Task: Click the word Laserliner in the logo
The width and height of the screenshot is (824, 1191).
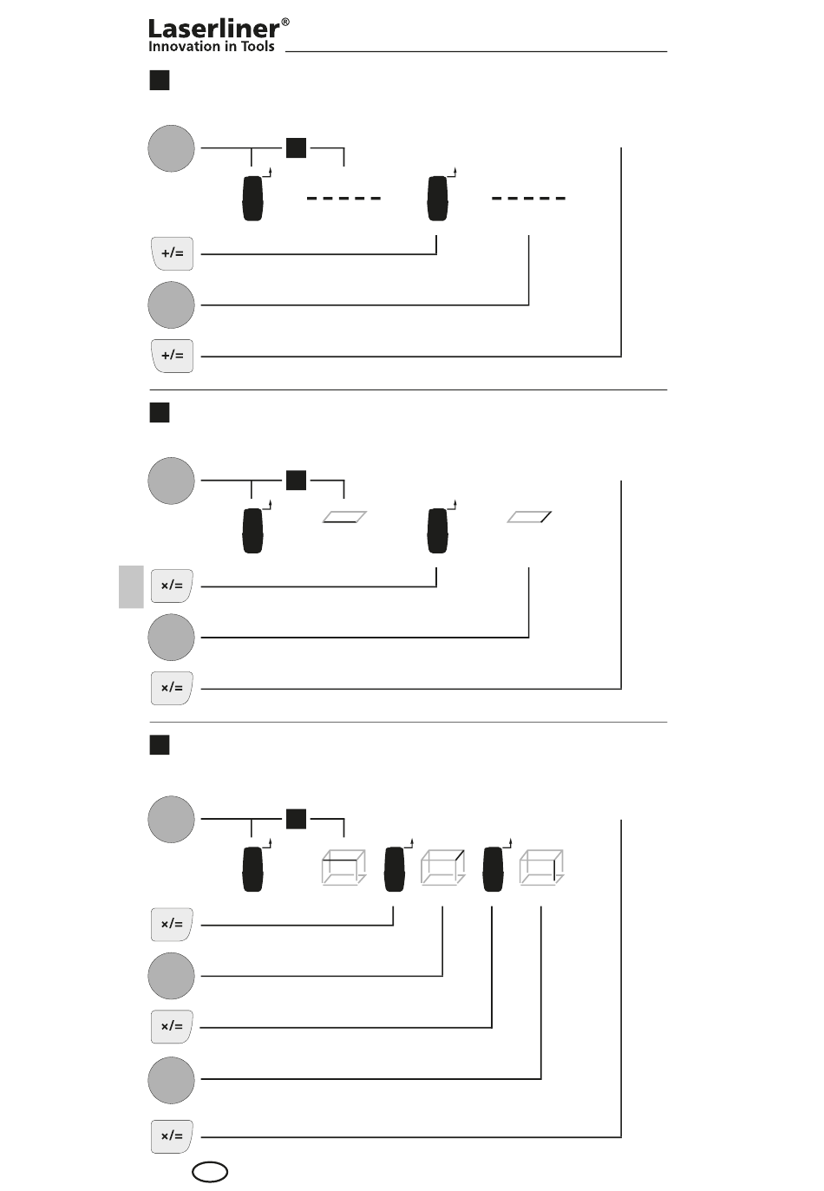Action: pos(213,29)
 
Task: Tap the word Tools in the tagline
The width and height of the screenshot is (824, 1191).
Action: pos(258,46)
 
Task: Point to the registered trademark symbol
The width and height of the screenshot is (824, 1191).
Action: pos(285,22)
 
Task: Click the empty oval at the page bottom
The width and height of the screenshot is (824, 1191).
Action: pos(209,1172)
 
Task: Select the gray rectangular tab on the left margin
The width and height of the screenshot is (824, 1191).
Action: pos(131,586)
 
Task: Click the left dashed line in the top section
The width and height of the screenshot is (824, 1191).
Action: pos(343,199)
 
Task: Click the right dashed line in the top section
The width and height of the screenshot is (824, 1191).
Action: pos(528,199)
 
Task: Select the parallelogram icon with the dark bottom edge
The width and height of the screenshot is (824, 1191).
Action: pos(344,517)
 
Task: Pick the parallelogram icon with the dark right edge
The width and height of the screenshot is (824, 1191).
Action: pos(529,517)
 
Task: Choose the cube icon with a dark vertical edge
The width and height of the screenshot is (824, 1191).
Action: pos(541,867)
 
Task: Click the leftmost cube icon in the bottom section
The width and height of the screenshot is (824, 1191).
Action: pos(344,867)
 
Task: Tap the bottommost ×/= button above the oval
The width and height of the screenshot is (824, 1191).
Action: pos(172,1136)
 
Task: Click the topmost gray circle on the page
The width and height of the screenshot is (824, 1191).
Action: pos(171,148)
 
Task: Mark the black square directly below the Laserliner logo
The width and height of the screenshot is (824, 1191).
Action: pos(160,81)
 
